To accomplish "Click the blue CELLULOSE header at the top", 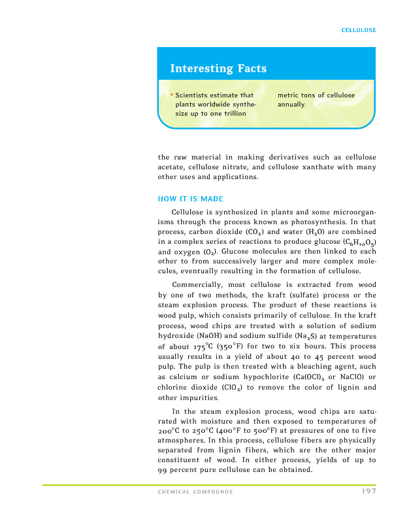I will click(x=359, y=30).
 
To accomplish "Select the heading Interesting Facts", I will click(x=218, y=69).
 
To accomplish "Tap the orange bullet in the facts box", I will click(x=172, y=95).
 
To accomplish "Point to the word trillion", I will click(x=233, y=114).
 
